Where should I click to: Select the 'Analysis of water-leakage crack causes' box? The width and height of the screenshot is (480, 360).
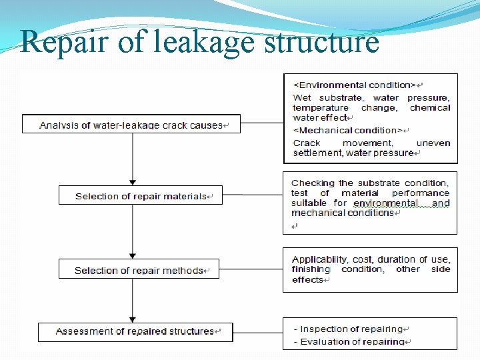pyautogui.click(x=131, y=125)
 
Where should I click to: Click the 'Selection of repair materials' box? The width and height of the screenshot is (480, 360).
pyautogui.click(x=141, y=196)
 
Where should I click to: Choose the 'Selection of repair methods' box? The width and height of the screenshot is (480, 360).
pyautogui.click(x=139, y=270)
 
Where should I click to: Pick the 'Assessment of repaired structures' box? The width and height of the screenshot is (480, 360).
pyautogui.click(x=135, y=331)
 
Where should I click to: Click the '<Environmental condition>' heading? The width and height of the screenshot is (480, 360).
pyautogui.click(x=355, y=85)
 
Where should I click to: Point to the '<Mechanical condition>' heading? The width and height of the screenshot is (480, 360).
pyautogui.click(x=348, y=130)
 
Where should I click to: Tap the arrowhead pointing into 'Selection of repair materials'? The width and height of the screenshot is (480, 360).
pyautogui.click(x=133, y=182)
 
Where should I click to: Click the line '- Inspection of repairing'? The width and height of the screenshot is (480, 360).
pyautogui.click(x=349, y=329)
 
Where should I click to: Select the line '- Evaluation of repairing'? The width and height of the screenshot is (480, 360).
pyautogui.click(x=349, y=341)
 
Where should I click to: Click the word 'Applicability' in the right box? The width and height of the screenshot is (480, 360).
pyautogui.click(x=319, y=259)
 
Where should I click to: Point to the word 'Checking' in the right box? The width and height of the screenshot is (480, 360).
pyautogui.click(x=312, y=183)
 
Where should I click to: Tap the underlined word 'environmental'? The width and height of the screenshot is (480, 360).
pyautogui.click(x=386, y=203)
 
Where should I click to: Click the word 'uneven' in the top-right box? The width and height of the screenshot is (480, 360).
pyautogui.click(x=433, y=143)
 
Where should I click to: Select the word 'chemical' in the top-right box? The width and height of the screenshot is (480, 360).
pyautogui.click(x=430, y=107)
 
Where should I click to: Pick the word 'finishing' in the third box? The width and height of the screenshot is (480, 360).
pyautogui.click(x=311, y=269)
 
